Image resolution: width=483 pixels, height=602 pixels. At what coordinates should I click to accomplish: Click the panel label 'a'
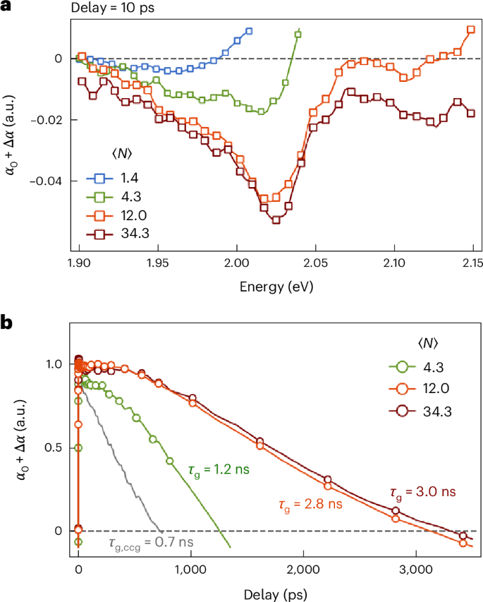[7, 9]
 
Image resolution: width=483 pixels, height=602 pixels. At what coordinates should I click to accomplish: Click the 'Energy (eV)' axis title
[276, 287]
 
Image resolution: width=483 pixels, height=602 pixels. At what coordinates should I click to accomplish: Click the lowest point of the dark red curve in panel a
[276, 220]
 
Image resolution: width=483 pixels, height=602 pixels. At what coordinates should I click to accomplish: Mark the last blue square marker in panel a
[249, 32]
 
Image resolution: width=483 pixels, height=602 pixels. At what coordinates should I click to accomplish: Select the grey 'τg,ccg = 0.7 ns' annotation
[151, 543]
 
